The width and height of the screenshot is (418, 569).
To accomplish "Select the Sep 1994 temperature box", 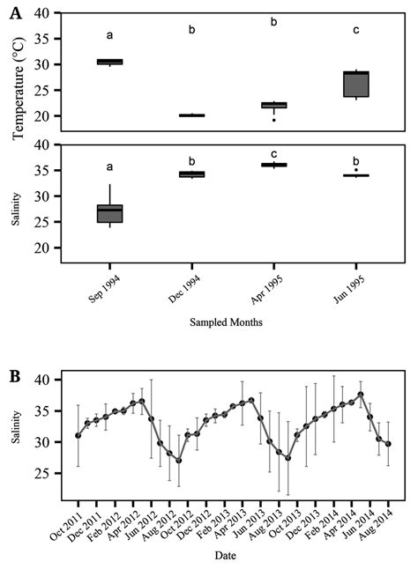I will click(x=109, y=62).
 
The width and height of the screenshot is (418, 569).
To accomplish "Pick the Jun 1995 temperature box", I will click(x=355, y=84).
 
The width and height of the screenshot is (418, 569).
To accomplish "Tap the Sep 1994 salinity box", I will click(x=109, y=213).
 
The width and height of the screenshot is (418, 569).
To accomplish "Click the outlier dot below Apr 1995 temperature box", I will click(x=273, y=120).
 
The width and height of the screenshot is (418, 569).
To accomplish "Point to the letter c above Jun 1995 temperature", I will click(x=355, y=30).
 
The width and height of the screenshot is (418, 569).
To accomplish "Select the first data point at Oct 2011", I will click(x=78, y=435).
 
